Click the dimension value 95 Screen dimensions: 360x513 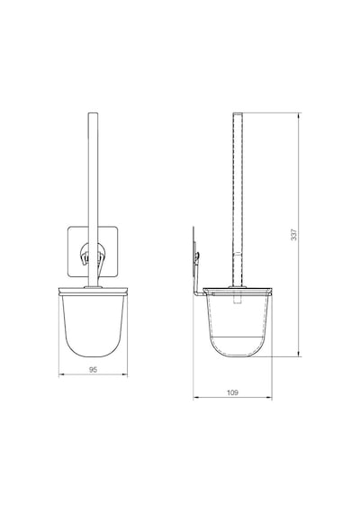point(94,370)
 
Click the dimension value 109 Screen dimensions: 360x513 point(233,392)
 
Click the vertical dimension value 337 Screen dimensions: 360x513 point(294,235)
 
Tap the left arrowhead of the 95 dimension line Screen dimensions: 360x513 point(61,374)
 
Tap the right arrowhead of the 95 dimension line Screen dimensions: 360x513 point(125,374)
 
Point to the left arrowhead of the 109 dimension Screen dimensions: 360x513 point(195,398)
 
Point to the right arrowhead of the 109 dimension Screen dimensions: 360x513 point(269,398)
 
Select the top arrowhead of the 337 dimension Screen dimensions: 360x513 point(299,115)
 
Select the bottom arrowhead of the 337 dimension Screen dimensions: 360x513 point(299,354)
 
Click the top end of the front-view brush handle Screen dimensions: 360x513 point(93,113)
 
